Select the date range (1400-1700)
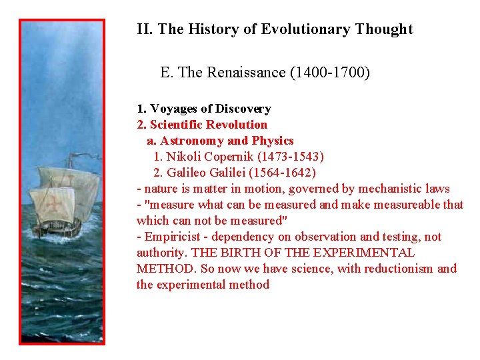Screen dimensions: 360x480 click(x=330, y=72)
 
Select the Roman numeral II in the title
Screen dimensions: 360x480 click(x=143, y=29)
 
